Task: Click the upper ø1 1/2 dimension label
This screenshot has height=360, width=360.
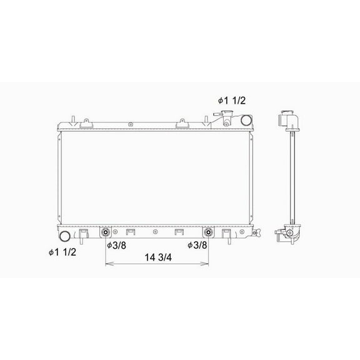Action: [232, 101]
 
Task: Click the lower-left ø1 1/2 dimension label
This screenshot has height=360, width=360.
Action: [62, 252]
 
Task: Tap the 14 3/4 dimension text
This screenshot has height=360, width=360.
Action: [158, 257]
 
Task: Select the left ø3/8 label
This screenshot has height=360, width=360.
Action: [117, 246]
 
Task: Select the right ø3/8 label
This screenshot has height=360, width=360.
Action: [197, 245]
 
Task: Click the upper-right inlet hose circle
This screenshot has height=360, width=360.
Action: [246, 120]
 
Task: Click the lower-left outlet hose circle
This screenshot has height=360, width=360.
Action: [64, 236]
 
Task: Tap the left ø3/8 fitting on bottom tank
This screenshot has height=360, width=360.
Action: [106, 232]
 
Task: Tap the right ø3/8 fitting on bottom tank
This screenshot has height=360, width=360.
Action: [208, 232]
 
